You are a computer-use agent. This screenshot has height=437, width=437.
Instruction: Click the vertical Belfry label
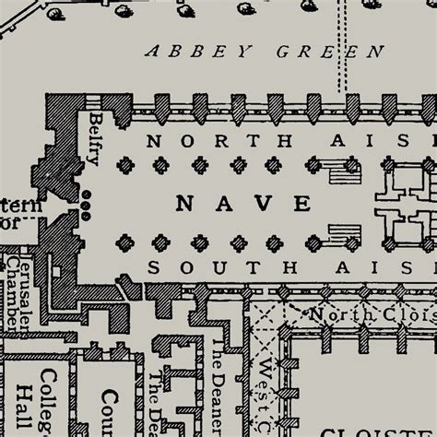click(95, 138)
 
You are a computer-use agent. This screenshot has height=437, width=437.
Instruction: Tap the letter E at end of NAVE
click(301, 202)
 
